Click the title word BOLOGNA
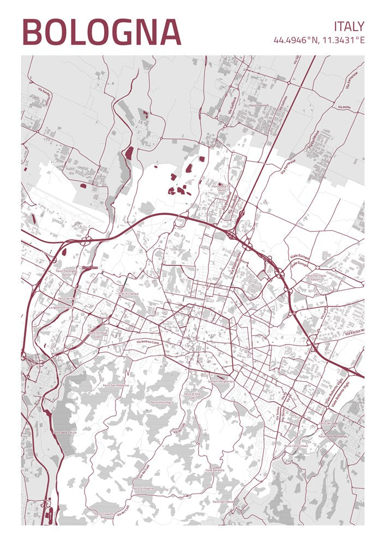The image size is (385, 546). tap(101, 32)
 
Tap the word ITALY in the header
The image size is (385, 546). tap(349, 26)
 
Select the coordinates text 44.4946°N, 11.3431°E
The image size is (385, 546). tap(319, 40)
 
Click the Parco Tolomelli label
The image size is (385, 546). tap(259, 105)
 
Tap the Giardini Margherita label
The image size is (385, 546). tap(221, 381)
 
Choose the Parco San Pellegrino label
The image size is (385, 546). tap(116, 385)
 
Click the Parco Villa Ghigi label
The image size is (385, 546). tap(160, 402)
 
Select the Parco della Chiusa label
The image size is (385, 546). tap(64, 432)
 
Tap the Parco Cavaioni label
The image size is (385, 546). tap(104, 514)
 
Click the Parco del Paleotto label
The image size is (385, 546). tap(224, 501)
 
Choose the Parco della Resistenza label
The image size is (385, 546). tap(333, 436)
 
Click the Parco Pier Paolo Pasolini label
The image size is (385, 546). tap(316, 277)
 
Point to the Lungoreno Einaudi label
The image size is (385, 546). tap(60, 307)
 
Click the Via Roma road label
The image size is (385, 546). tap(344, 107)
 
